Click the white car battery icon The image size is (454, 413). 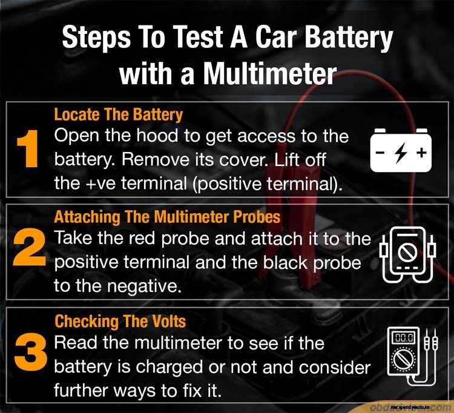[400, 150]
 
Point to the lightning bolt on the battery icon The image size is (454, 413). [400, 153]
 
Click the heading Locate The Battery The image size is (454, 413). [118, 114]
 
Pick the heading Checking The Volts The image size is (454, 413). [120, 320]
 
